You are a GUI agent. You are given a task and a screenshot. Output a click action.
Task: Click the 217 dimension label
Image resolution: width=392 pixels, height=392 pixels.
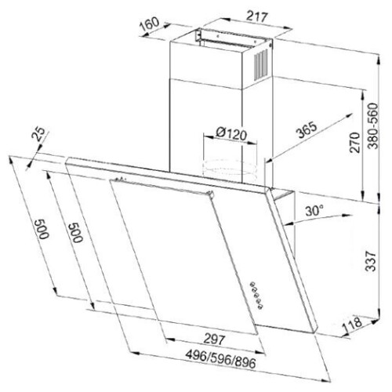257,16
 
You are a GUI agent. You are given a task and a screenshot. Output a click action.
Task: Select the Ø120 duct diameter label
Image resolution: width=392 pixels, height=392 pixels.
231,134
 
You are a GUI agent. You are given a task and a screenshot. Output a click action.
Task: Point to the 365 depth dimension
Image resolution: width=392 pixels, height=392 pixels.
307,130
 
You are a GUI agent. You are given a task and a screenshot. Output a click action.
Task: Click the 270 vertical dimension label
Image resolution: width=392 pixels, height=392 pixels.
355,143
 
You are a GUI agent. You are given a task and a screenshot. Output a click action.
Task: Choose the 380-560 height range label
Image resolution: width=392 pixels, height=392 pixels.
372,126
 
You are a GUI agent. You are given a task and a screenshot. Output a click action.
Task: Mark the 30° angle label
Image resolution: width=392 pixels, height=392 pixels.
314,210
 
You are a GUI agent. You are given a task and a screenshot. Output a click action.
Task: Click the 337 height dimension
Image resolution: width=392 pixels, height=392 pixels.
371,261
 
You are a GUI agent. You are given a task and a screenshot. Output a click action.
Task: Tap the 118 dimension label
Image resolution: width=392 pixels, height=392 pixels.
352,325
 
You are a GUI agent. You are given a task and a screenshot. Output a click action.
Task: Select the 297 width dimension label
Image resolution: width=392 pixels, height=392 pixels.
214,339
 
